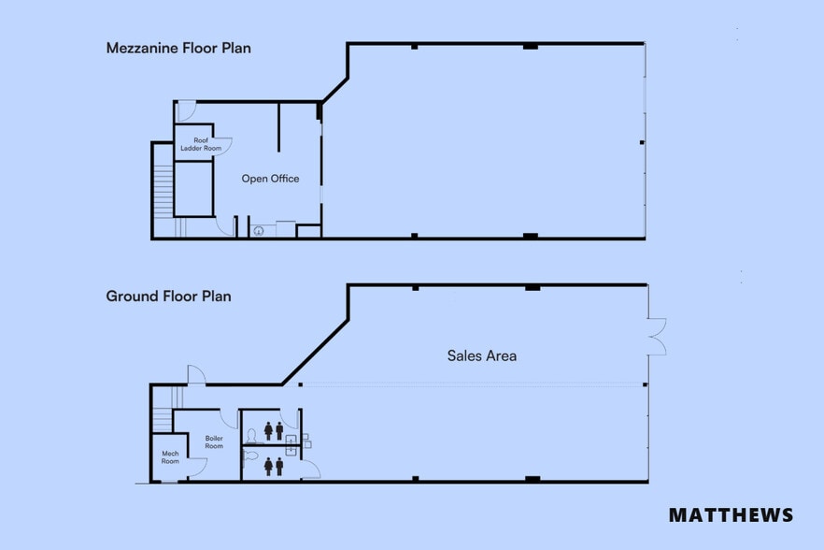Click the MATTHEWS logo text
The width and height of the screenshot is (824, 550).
pyautogui.click(x=731, y=515)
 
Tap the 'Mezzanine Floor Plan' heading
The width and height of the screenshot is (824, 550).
pyautogui.click(x=178, y=48)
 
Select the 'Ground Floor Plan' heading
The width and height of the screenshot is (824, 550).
pyautogui.click(x=168, y=297)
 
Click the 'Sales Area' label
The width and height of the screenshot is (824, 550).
pyautogui.click(x=481, y=355)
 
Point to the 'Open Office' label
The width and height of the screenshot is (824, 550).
pyautogui.click(x=270, y=179)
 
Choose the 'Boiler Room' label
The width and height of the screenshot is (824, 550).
pyautogui.click(x=214, y=441)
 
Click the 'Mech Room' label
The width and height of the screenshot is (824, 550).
pyautogui.click(x=169, y=457)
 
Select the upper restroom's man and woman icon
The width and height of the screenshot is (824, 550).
pyautogui.click(x=274, y=430)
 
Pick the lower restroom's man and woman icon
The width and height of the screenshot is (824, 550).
pyautogui.click(x=274, y=465)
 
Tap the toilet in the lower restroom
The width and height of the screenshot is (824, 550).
pyautogui.click(x=249, y=457)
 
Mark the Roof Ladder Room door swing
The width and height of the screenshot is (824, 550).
pyautogui.click(x=223, y=145)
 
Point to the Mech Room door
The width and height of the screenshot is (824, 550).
pyautogui.click(x=196, y=468)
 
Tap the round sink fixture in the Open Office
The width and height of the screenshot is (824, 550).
pyautogui.click(x=258, y=230)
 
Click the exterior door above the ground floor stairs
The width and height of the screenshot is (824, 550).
pyautogui.click(x=195, y=374)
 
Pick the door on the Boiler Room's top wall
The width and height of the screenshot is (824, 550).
pyautogui.click(x=229, y=418)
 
